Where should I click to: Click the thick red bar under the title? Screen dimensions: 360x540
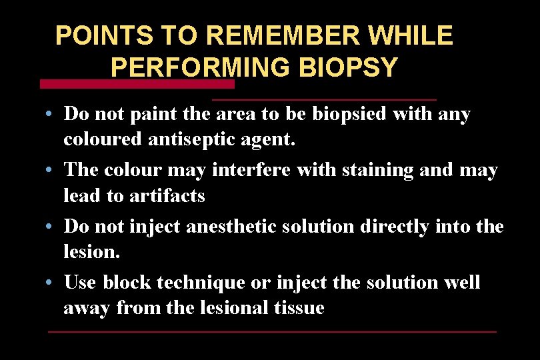click(x=137, y=85)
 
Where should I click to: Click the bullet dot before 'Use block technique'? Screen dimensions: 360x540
click(x=51, y=283)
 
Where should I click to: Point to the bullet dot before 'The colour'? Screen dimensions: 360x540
click(x=51, y=171)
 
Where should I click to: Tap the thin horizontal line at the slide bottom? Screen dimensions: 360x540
click(x=273, y=331)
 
